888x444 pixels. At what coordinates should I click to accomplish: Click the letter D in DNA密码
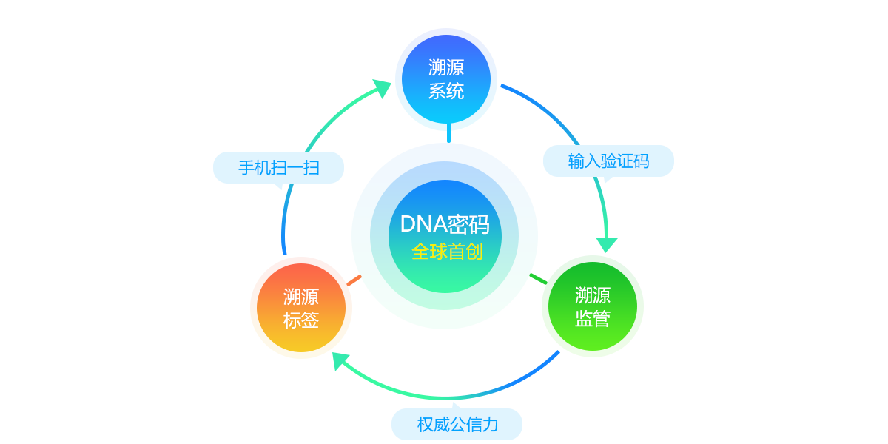pyautogui.click(x=407, y=224)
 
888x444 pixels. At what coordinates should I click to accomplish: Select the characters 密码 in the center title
pyautogui.click(x=468, y=224)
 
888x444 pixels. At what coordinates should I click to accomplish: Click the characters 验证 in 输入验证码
pyautogui.click(x=616, y=161)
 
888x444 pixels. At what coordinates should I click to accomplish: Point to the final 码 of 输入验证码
pyautogui.click(x=641, y=161)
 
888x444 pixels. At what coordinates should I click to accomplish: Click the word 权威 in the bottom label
pyautogui.click(x=433, y=425)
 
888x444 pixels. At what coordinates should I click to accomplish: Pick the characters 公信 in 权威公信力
pyautogui.click(x=465, y=425)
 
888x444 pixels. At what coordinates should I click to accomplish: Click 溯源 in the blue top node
pyautogui.click(x=446, y=67)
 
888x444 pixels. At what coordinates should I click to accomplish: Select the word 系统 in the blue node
pyautogui.click(x=446, y=91)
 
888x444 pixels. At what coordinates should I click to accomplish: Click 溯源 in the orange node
pyautogui.click(x=301, y=297)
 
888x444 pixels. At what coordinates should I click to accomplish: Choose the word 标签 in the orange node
pyautogui.click(x=301, y=320)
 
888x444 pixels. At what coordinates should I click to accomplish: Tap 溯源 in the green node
pyautogui.click(x=593, y=295)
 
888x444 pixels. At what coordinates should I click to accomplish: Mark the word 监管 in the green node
pyautogui.click(x=593, y=319)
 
